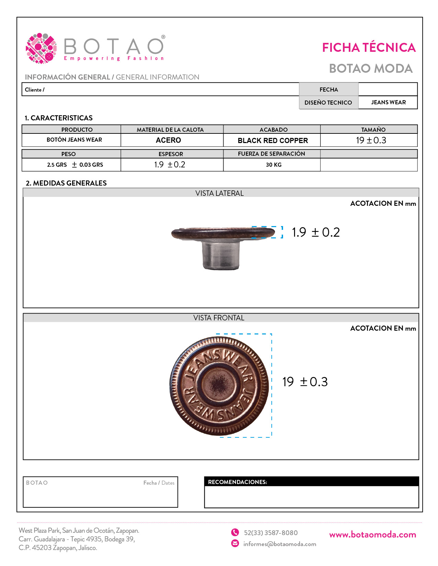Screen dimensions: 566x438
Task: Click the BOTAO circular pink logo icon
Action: (x=41, y=48)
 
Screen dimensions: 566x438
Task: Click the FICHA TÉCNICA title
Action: (x=369, y=48)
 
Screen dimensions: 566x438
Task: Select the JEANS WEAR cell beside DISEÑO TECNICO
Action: (x=388, y=102)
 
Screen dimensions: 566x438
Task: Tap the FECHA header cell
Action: (x=328, y=90)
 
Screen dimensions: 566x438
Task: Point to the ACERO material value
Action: (x=168, y=140)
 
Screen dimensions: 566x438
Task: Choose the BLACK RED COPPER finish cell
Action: (x=273, y=141)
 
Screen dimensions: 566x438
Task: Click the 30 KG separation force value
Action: (x=273, y=165)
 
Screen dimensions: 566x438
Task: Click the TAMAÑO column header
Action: (x=373, y=130)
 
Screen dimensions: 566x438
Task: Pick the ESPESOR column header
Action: (x=171, y=154)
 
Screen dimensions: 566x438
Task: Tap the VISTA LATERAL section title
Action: (x=220, y=193)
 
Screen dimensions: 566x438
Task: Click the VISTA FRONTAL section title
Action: (x=219, y=318)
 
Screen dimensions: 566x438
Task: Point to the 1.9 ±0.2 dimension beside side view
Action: (x=316, y=232)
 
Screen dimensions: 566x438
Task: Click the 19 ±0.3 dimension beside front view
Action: (x=305, y=382)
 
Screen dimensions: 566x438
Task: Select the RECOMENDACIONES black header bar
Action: (x=311, y=482)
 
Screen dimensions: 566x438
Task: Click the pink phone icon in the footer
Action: (x=235, y=532)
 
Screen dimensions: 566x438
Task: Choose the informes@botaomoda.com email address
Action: (x=280, y=544)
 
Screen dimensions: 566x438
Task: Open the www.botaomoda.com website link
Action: (x=372, y=534)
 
